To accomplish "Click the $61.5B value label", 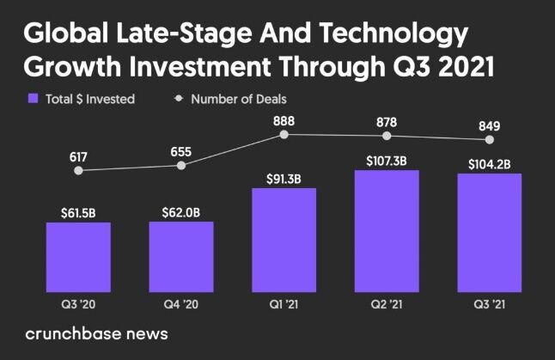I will point(78,211).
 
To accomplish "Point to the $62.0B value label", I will point(181,211).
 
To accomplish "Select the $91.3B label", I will point(284,177).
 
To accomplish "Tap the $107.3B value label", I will point(387,160).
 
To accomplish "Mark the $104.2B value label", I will point(490,163).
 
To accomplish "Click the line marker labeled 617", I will point(78,170).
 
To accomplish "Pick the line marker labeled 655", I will point(181,164).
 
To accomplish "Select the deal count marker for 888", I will point(284,134).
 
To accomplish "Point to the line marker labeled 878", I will point(387,136).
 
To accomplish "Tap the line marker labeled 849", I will point(490,139).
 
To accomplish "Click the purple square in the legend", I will point(34,99).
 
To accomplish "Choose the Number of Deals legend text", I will point(238,99).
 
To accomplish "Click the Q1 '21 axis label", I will point(284,303).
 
